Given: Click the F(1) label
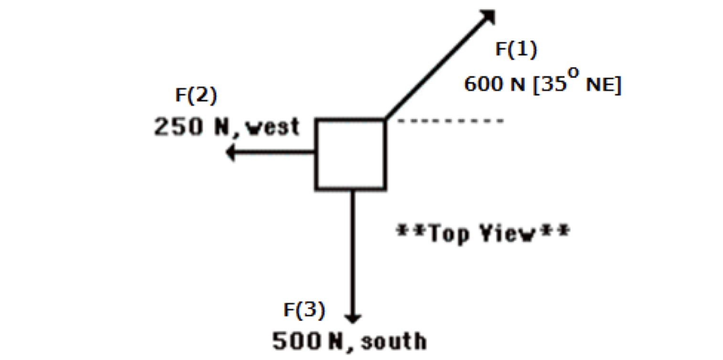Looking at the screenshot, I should pyautogui.click(x=516, y=50).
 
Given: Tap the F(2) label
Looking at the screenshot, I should pyautogui.click(x=196, y=95).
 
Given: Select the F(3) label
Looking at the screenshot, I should pyautogui.click(x=304, y=310).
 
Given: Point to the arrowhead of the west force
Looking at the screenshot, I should pyautogui.click(x=232, y=153).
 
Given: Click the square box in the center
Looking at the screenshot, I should pyautogui.click(x=350, y=154).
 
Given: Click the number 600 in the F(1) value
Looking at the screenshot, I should pyautogui.click(x=481, y=86).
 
